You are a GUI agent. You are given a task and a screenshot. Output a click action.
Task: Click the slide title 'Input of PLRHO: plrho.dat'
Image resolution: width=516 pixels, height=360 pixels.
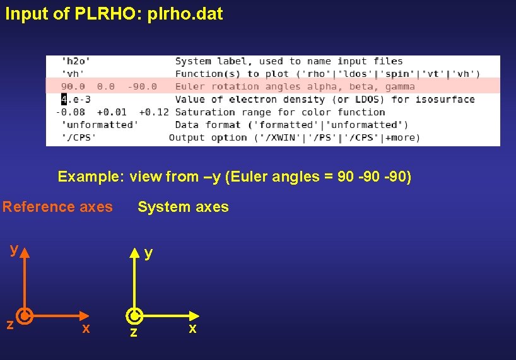pyautogui.click(x=114, y=14)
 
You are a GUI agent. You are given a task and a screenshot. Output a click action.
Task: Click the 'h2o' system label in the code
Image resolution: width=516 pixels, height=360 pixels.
pyautogui.click(x=76, y=61)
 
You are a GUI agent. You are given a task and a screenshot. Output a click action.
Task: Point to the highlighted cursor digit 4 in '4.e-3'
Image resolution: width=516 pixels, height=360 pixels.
pyautogui.click(x=64, y=99)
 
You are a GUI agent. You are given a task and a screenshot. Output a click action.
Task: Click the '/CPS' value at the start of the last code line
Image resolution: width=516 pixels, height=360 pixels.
pyautogui.click(x=78, y=137)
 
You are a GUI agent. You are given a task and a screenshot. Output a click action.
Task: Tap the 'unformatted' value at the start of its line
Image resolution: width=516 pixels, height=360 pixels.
pyautogui.click(x=100, y=125)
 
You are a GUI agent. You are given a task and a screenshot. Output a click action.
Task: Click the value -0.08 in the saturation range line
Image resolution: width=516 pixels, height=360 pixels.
pyautogui.click(x=70, y=112)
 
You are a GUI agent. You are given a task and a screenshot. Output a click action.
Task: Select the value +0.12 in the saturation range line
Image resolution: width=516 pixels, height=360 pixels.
pyautogui.click(x=154, y=112)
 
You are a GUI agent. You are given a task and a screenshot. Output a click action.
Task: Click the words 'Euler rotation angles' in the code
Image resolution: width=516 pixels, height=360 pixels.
pyautogui.click(x=230, y=86)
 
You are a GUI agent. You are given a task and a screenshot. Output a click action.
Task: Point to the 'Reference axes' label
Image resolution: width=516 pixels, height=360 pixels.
pyautogui.click(x=57, y=207)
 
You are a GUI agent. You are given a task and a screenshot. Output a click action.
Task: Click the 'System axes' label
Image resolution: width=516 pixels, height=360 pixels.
pyautogui.click(x=183, y=207)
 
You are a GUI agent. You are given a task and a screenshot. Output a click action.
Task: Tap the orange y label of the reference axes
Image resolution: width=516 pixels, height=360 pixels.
pyautogui.click(x=13, y=250)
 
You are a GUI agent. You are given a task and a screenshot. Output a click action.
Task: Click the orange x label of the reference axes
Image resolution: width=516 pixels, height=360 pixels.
pyautogui.click(x=86, y=328)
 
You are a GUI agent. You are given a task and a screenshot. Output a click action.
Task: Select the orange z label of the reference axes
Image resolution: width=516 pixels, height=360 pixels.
pyautogui.click(x=10, y=324)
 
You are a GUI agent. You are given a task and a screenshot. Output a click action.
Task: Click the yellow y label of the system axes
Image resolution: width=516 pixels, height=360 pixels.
pyautogui.click(x=148, y=253)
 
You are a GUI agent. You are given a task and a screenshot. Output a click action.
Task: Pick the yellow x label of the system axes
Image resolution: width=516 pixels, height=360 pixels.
pyautogui.click(x=192, y=328)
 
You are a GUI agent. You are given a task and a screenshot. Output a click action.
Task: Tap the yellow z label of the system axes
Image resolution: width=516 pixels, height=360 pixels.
pyautogui.click(x=132, y=332)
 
